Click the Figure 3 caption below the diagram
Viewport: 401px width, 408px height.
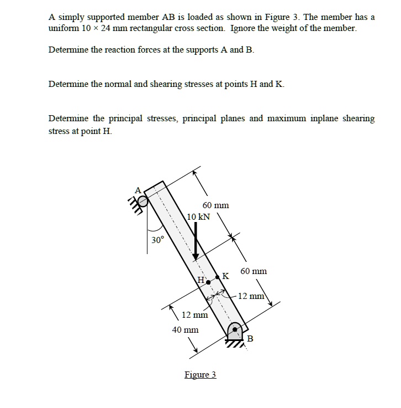pos(200,375)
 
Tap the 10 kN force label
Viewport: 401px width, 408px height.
pos(199,216)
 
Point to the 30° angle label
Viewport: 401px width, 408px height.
pos(158,240)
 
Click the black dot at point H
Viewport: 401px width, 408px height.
pos(208,282)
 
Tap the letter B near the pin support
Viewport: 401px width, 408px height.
pos(250,339)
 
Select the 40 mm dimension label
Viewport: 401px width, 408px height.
pos(184,329)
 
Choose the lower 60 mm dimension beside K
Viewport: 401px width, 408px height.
pos(254,271)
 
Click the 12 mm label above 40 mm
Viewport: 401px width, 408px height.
pos(194,315)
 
